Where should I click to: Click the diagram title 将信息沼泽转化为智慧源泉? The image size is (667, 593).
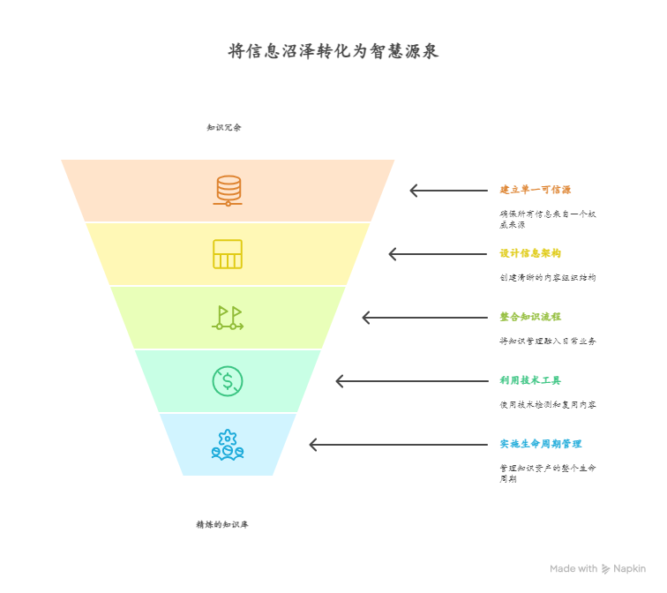pyautogui.click(x=333, y=51)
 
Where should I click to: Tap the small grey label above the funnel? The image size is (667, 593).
pyautogui.click(x=224, y=127)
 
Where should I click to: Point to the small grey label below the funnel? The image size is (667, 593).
pyautogui.click(x=222, y=524)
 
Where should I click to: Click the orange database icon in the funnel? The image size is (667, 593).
pyautogui.click(x=228, y=191)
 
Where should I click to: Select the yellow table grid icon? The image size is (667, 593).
pyautogui.click(x=228, y=254)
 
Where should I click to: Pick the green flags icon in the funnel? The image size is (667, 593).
pyautogui.click(x=228, y=318)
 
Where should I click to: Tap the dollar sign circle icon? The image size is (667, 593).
pyautogui.click(x=228, y=381)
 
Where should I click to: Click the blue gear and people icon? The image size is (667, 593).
pyautogui.click(x=228, y=445)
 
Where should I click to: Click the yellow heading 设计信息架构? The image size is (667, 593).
pyautogui.click(x=529, y=253)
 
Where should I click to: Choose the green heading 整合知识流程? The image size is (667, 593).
pyautogui.click(x=529, y=317)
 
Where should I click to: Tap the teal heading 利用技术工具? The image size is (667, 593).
pyautogui.click(x=529, y=380)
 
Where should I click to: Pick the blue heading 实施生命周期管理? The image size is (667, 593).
pyautogui.click(x=540, y=444)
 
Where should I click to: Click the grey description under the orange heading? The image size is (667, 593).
pyautogui.click(x=547, y=219)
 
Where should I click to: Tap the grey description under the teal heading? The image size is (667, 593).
pyautogui.click(x=547, y=405)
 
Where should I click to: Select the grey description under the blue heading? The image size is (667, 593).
pyautogui.click(x=547, y=473)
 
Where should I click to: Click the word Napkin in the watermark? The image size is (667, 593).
pyautogui.click(x=630, y=569)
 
